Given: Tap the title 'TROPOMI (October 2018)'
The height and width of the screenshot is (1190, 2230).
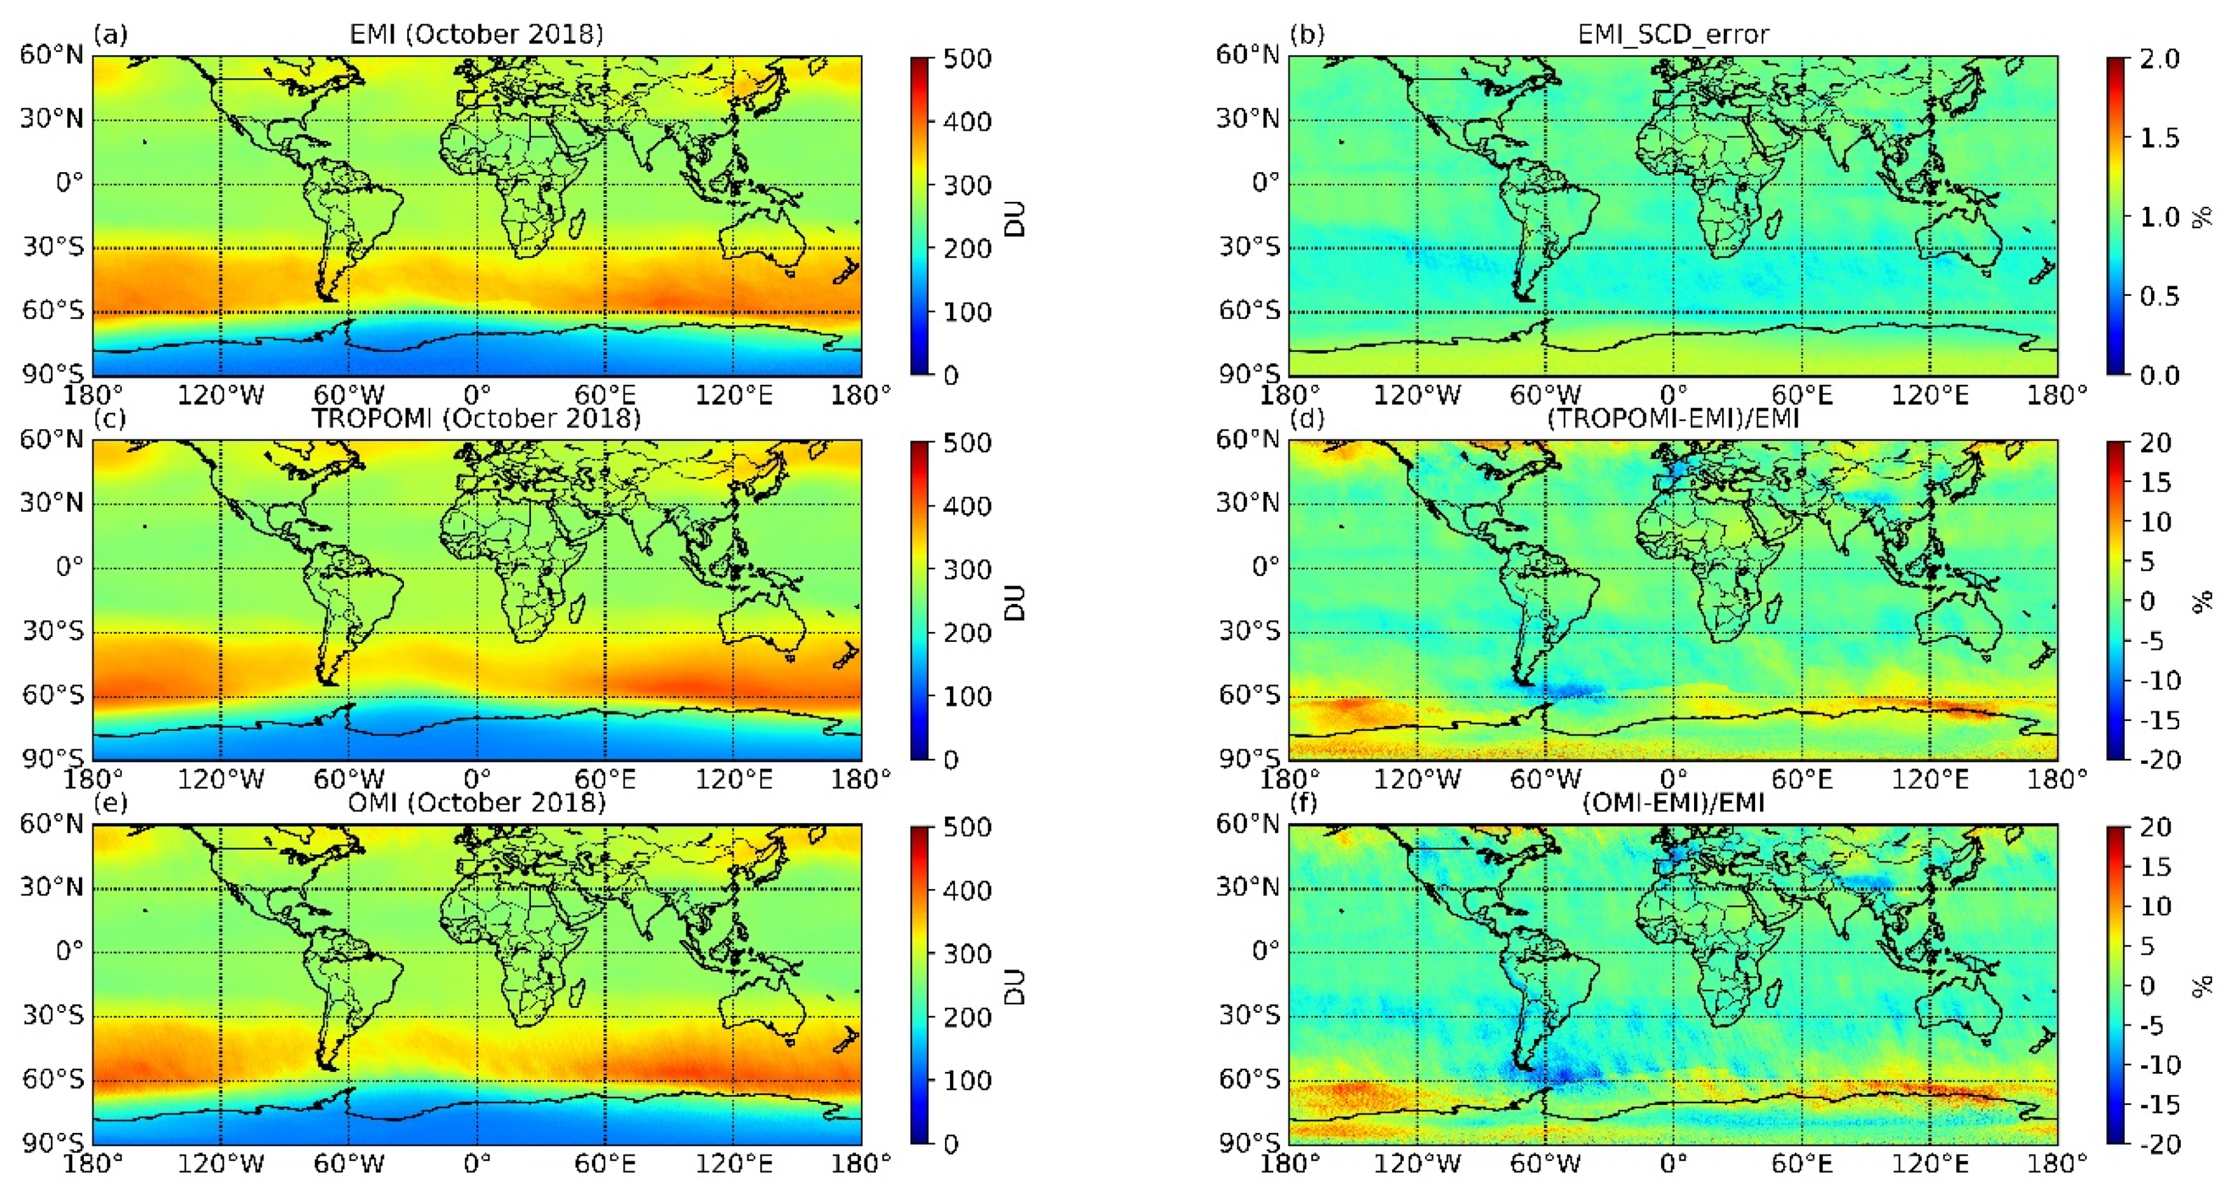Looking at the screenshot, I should (476, 418).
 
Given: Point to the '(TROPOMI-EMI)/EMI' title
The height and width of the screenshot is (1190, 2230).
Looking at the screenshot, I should (1672, 418).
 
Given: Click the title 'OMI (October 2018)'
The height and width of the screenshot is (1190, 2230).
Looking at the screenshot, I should (476, 802).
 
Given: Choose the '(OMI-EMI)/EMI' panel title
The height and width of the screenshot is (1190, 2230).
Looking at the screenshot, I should (1672, 802).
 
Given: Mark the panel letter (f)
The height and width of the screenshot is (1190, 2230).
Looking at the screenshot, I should (1304, 802).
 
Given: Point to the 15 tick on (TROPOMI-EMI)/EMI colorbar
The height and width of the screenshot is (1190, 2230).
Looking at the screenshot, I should (2155, 482).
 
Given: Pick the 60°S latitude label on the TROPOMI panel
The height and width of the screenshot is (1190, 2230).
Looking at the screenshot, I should (53, 695).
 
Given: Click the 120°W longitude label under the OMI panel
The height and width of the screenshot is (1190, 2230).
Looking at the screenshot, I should (221, 1164).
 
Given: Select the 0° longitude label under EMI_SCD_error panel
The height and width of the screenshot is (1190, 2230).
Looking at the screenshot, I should (1672, 395).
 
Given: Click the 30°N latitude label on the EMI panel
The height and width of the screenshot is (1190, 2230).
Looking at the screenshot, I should (52, 119).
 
